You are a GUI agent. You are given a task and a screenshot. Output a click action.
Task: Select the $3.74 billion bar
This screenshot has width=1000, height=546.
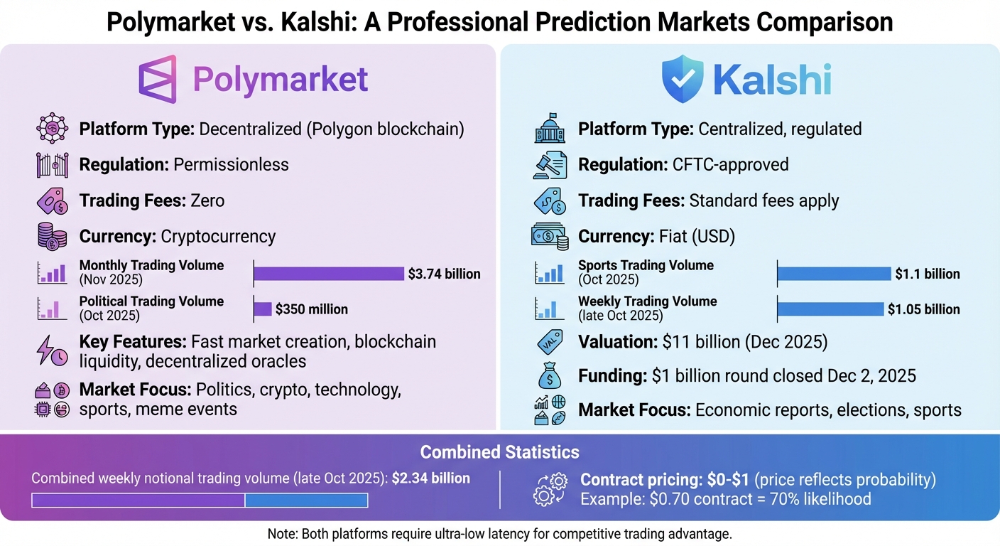pyautogui.click(x=328, y=274)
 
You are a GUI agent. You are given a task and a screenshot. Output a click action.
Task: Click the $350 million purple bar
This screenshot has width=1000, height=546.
pyautogui.click(x=263, y=309)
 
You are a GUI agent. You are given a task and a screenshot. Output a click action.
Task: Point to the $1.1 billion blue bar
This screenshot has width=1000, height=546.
pyautogui.click(x=834, y=274)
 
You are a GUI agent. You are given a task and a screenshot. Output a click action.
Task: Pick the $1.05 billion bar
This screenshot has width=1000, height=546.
pyautogui.click(x=831, y=309)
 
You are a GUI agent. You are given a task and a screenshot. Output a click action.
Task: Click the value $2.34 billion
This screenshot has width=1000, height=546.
pyautogui.click(x=431, y=478)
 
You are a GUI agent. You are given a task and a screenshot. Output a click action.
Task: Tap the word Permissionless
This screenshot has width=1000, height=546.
pyautogui.click(x=231, y=165)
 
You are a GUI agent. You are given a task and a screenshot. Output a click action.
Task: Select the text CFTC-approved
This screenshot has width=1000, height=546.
pyautogui.click(x=730, y=165)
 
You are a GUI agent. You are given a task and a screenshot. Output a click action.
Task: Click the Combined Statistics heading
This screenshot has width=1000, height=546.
pyautogui.click(x=499, y=452)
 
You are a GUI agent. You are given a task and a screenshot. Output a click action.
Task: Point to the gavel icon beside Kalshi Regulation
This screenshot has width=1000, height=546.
pyautogui.click(x=550, y=165)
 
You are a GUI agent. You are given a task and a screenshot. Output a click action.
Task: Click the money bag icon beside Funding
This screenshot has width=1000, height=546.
pyautogui.click(x=550, y=375)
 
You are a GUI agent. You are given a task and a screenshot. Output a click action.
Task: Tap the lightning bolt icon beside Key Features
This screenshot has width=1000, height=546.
pyautogui.click(x=52, y=350)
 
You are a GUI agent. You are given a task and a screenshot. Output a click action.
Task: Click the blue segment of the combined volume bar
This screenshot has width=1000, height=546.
pyautogui.click(x=306, y=500)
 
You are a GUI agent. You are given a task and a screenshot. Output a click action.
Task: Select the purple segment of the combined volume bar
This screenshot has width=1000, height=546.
pyautogui.click(x=138, y=500)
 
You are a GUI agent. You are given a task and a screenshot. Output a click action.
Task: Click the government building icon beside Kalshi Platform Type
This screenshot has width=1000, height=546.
pyautogui.click(x=550, y=129)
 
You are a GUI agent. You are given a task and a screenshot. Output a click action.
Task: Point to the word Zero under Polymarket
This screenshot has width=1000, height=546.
pyautogui.click(x=207, y=201)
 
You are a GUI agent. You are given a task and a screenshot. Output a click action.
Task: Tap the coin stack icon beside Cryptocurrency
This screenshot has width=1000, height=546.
pyautogui.click(x=52, y=237)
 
